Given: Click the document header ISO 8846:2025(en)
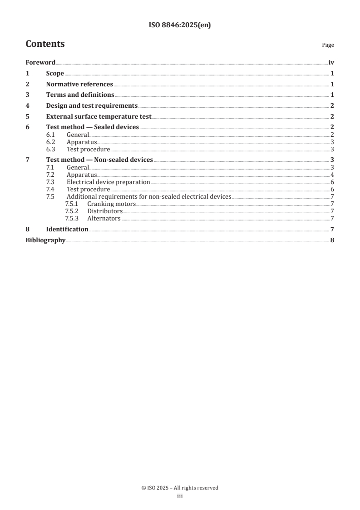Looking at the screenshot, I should tap(180, 25).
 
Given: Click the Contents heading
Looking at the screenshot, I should tap(45, 44).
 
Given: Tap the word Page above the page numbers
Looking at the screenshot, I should tap(328, 45).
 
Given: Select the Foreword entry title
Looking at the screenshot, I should tap(40, 63).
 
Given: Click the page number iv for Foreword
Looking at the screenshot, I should tap(331, 63).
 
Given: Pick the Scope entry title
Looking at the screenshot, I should tap(55, 74).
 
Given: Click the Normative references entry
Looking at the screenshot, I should tap(79, 84).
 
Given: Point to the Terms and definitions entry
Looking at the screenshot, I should tap(80, 95).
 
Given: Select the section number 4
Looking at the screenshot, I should tap(28, 105).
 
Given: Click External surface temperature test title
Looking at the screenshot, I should tap(99, 116).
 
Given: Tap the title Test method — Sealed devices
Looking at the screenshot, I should tap(93, 127).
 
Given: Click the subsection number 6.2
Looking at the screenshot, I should tap(51, 142).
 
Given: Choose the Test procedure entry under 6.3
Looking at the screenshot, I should tap(88, 149).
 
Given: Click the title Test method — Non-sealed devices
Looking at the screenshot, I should tap(99, 160).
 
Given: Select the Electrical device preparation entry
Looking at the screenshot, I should tap(108, 182).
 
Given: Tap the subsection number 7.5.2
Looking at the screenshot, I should tap(72, 211).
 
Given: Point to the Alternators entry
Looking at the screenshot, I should tap(104, 218).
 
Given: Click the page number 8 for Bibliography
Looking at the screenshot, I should tap(332, 240).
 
